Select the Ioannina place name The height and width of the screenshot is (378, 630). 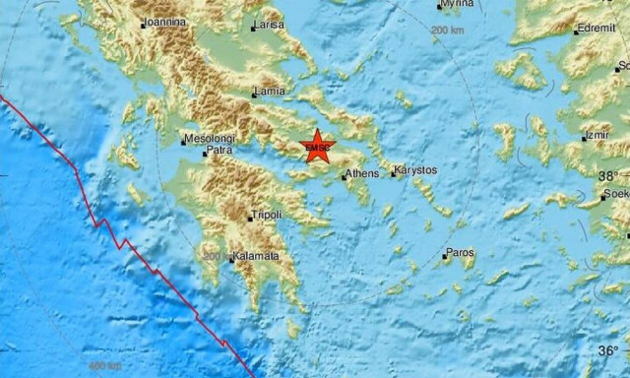pyautogui.click(x=166, y=19)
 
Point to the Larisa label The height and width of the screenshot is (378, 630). pyautogui.click(x=270, y=25)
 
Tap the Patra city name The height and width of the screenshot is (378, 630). pyautogui.click(x=220, y=154)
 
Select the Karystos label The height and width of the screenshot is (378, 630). pyautogui.click(x=414, y=170)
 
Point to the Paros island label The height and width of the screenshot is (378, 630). pyautogui.click(x=460, y=253)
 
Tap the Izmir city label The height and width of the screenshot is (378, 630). pyautogui.click(x=597, y=135)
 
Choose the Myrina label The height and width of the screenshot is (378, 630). pyautogui.click(x=457, y=4)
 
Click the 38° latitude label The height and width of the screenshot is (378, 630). pyautogui.click(x=609, y=174)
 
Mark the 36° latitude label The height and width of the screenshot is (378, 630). pyautogui.click(x=609, y=350)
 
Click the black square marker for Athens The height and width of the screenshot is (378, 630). pyautogui.click(x=344, y=177)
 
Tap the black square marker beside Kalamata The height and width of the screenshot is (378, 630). pyautogui.click(x=232, y=260)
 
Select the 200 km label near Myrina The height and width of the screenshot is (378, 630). pyautogui.click(x=448, y=31)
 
